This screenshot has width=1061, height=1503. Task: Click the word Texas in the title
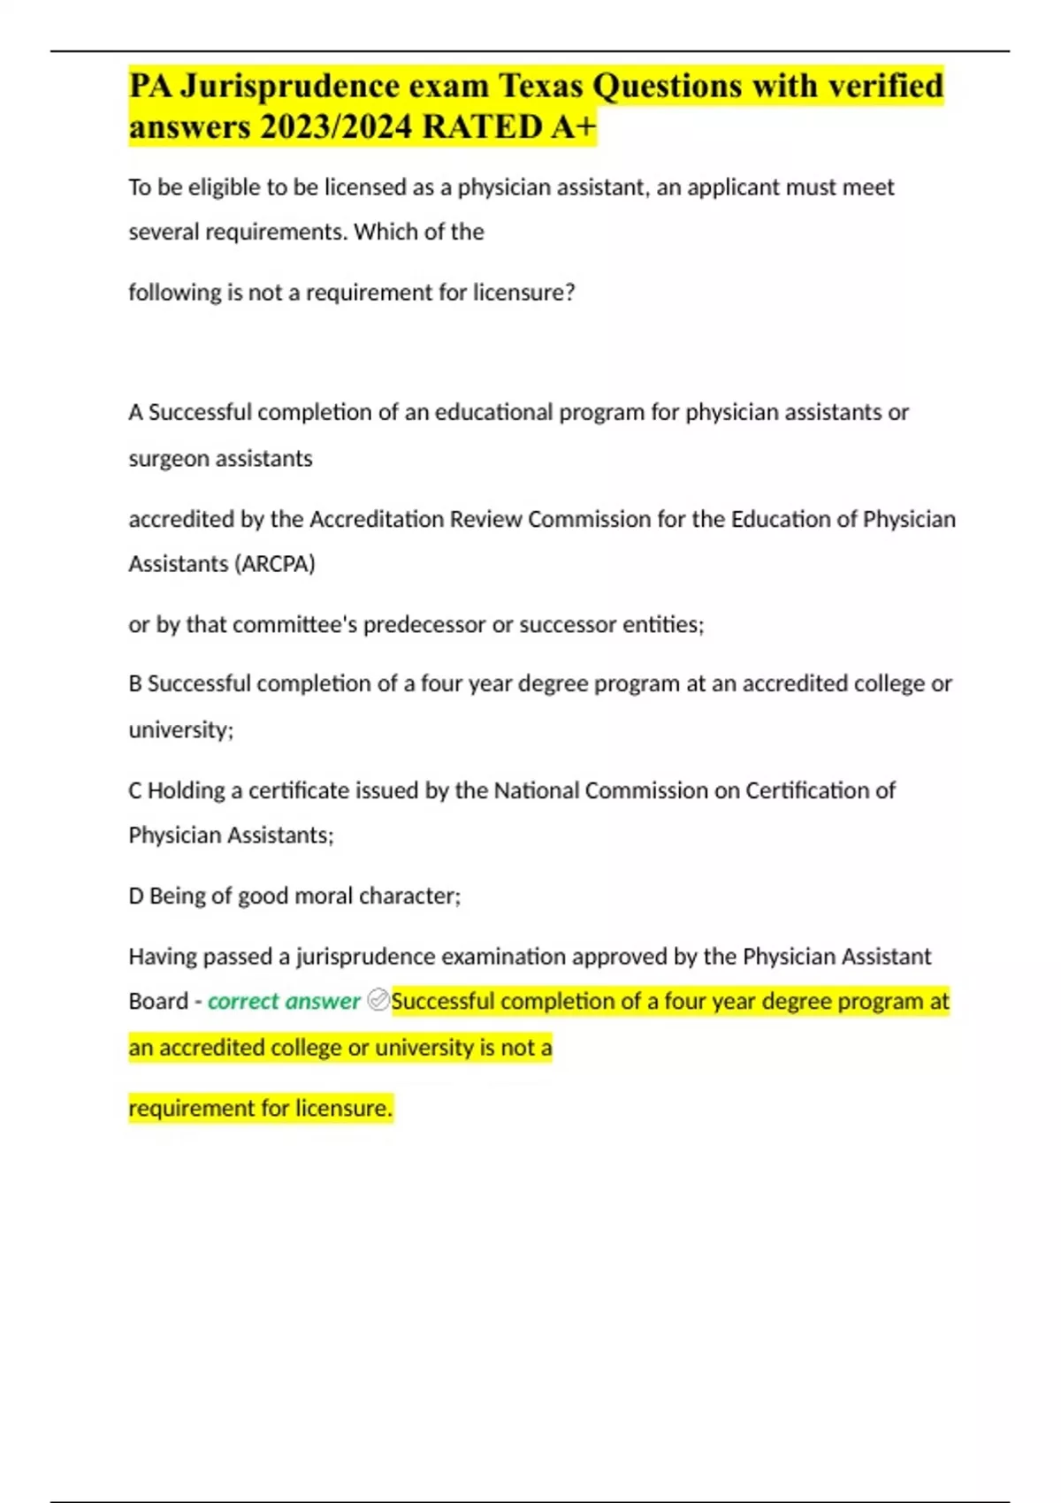click(541, 86)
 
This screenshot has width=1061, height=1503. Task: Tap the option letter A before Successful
click(135, 412)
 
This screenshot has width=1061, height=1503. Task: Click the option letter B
click(135, 683)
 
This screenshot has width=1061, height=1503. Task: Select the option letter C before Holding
click(135, 790)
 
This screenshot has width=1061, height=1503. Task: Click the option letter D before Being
click(136, 896)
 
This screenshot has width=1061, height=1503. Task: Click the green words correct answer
click(284, 1001)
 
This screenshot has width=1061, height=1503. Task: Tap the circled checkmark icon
click(378, 1000)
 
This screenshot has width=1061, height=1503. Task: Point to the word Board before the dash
click(158, 1001)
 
